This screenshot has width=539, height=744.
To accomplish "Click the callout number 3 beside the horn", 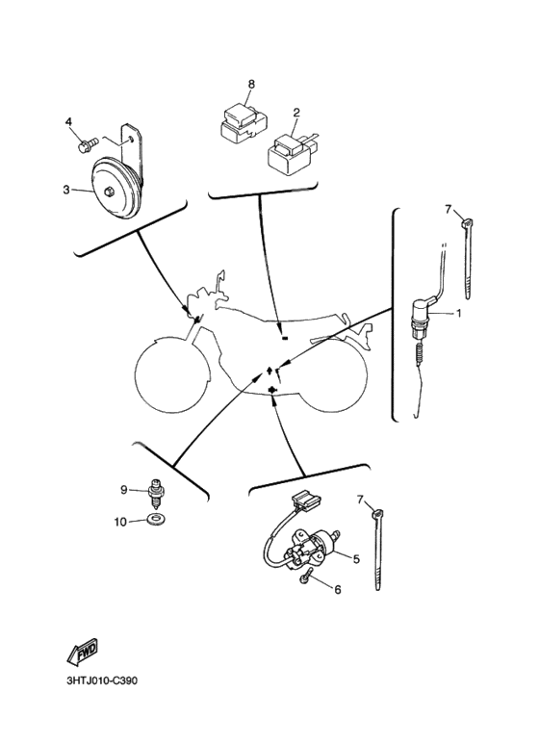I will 66,190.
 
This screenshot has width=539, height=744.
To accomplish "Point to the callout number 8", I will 250,85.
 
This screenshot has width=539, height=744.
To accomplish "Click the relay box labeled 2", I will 288,152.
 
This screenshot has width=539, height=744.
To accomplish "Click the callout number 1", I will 459,314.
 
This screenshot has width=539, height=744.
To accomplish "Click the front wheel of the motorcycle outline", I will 169,370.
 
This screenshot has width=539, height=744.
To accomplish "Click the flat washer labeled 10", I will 153,522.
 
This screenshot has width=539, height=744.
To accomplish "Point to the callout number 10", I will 121,522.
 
